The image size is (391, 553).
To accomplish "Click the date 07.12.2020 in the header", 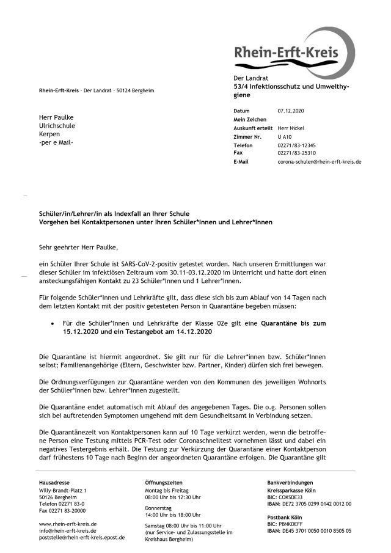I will point(290,111).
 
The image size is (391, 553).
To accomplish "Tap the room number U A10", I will point(285,136).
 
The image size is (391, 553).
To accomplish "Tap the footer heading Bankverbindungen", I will point(289,483).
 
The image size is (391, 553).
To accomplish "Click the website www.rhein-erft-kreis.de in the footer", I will point(68,524).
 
